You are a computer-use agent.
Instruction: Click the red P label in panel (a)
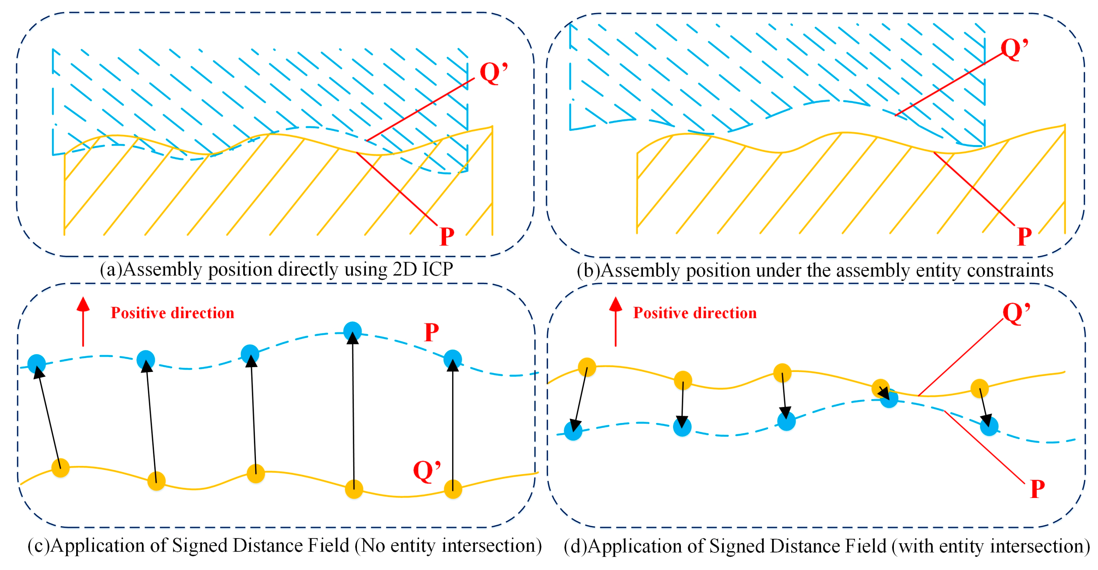pyautogui.click(x=447, y=236)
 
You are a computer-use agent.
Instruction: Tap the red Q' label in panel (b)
pyautogui.click(x=1014, y=49)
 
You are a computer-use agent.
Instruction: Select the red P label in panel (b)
pyautogui.click(x=1025, y=236)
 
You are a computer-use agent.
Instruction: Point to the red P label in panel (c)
pyautogui.click(x=431, y=333)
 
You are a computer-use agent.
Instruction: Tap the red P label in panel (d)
pyautogui.click(x=1037, y=489)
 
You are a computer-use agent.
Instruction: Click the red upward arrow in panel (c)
pyautogui.click(x=83, y=321)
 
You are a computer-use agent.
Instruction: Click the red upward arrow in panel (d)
pyautogui.click(x=615, y=321)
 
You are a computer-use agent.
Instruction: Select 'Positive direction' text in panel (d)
pyautogui.click(x=695, y=313)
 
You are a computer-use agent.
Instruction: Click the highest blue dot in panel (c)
pyautogui.click(x=352, y=331)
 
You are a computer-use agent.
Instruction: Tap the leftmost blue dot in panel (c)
pyautogui.click(x=37, y=363)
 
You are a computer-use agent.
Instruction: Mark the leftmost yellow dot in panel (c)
pyautogui.click(x=61, y=468)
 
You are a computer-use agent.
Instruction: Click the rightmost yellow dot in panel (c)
pyautogui.click(x=453, y=489)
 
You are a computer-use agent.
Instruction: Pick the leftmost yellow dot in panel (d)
pyautogui.click(x=587, y=367)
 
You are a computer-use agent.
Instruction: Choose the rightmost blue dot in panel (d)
pyautogui.click(x=989, y=427)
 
